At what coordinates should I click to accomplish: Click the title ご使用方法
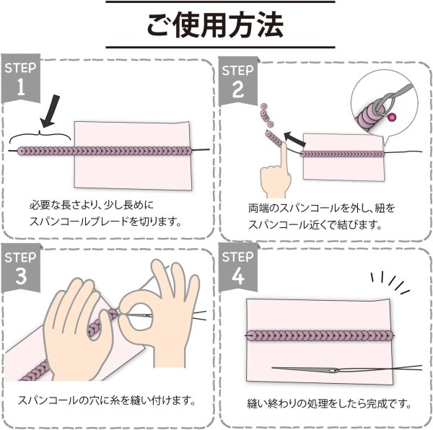pyautogui.click(x=216, y=27)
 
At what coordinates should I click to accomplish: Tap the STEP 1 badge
pyautogui.click(x=19, y=79)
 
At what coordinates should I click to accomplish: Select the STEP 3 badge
pyautogui.click(x=19, y=268)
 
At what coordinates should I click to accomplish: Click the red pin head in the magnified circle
pyautogui.click(x=392, y=115)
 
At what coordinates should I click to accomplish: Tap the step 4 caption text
pyautogui.click(x=323, y=402)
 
